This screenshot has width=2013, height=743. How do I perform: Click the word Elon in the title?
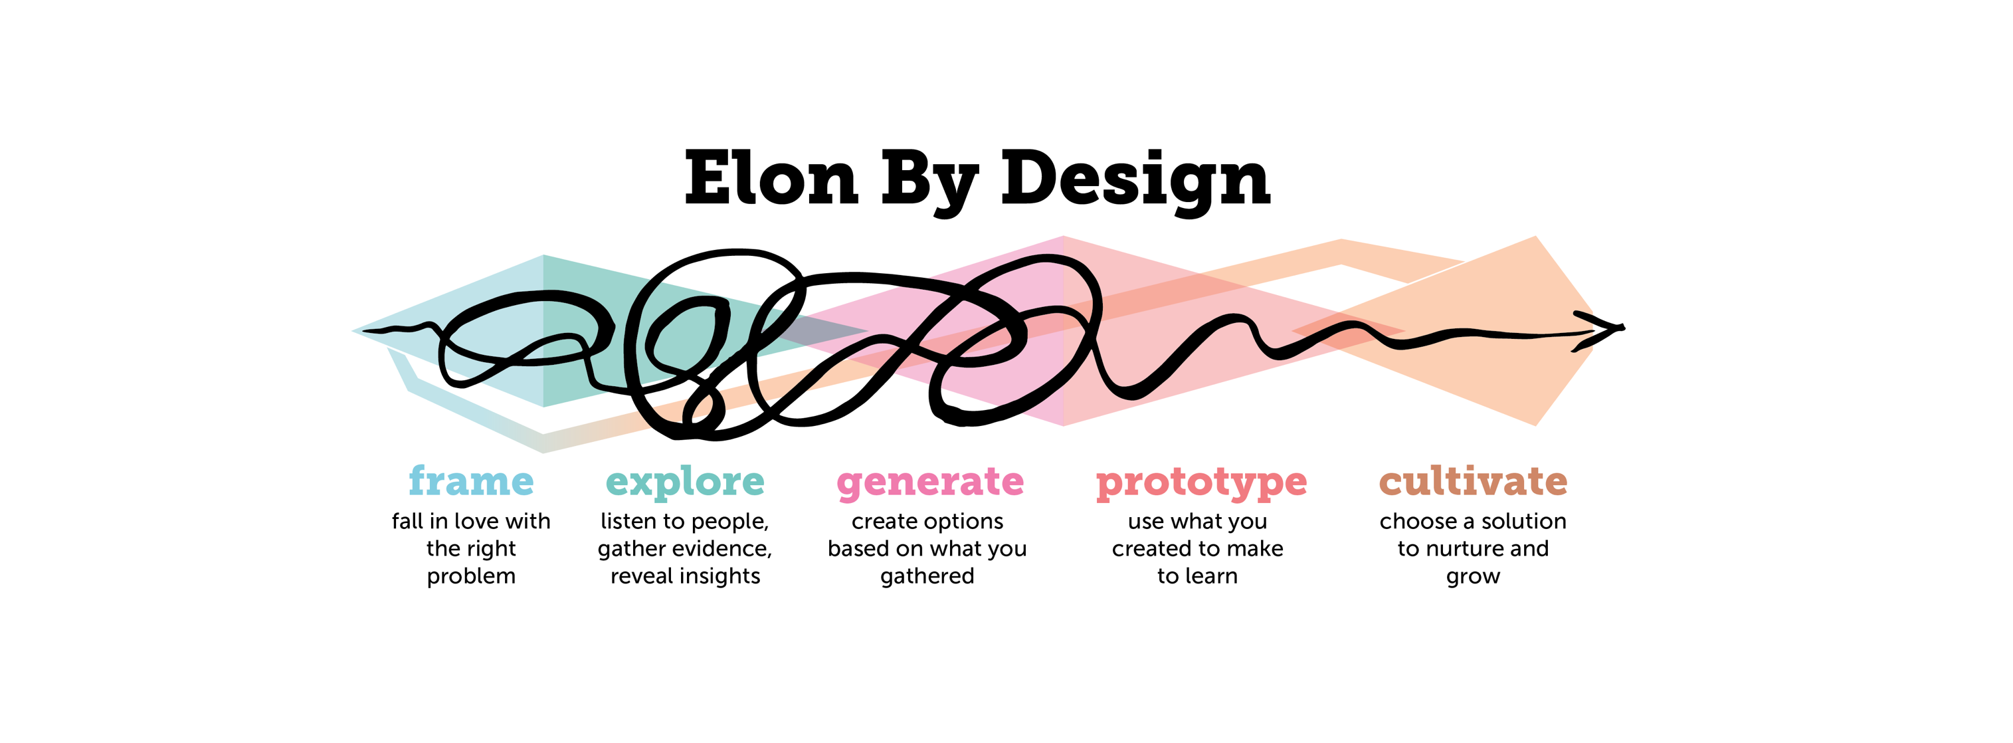pyautogui.click(x=771, y=178)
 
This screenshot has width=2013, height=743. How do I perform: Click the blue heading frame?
pyautogui.click(x=471, y=480)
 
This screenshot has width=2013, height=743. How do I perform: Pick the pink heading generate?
pyautogui.click(x=930, y=483)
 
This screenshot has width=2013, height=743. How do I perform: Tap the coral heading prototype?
pyautogui.click(x=1201, y=483)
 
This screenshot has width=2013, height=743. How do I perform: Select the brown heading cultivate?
pyautogui.click(x=1473, y=480)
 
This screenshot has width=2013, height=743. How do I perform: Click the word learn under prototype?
pyautogui.click(x=1212, y=576)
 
